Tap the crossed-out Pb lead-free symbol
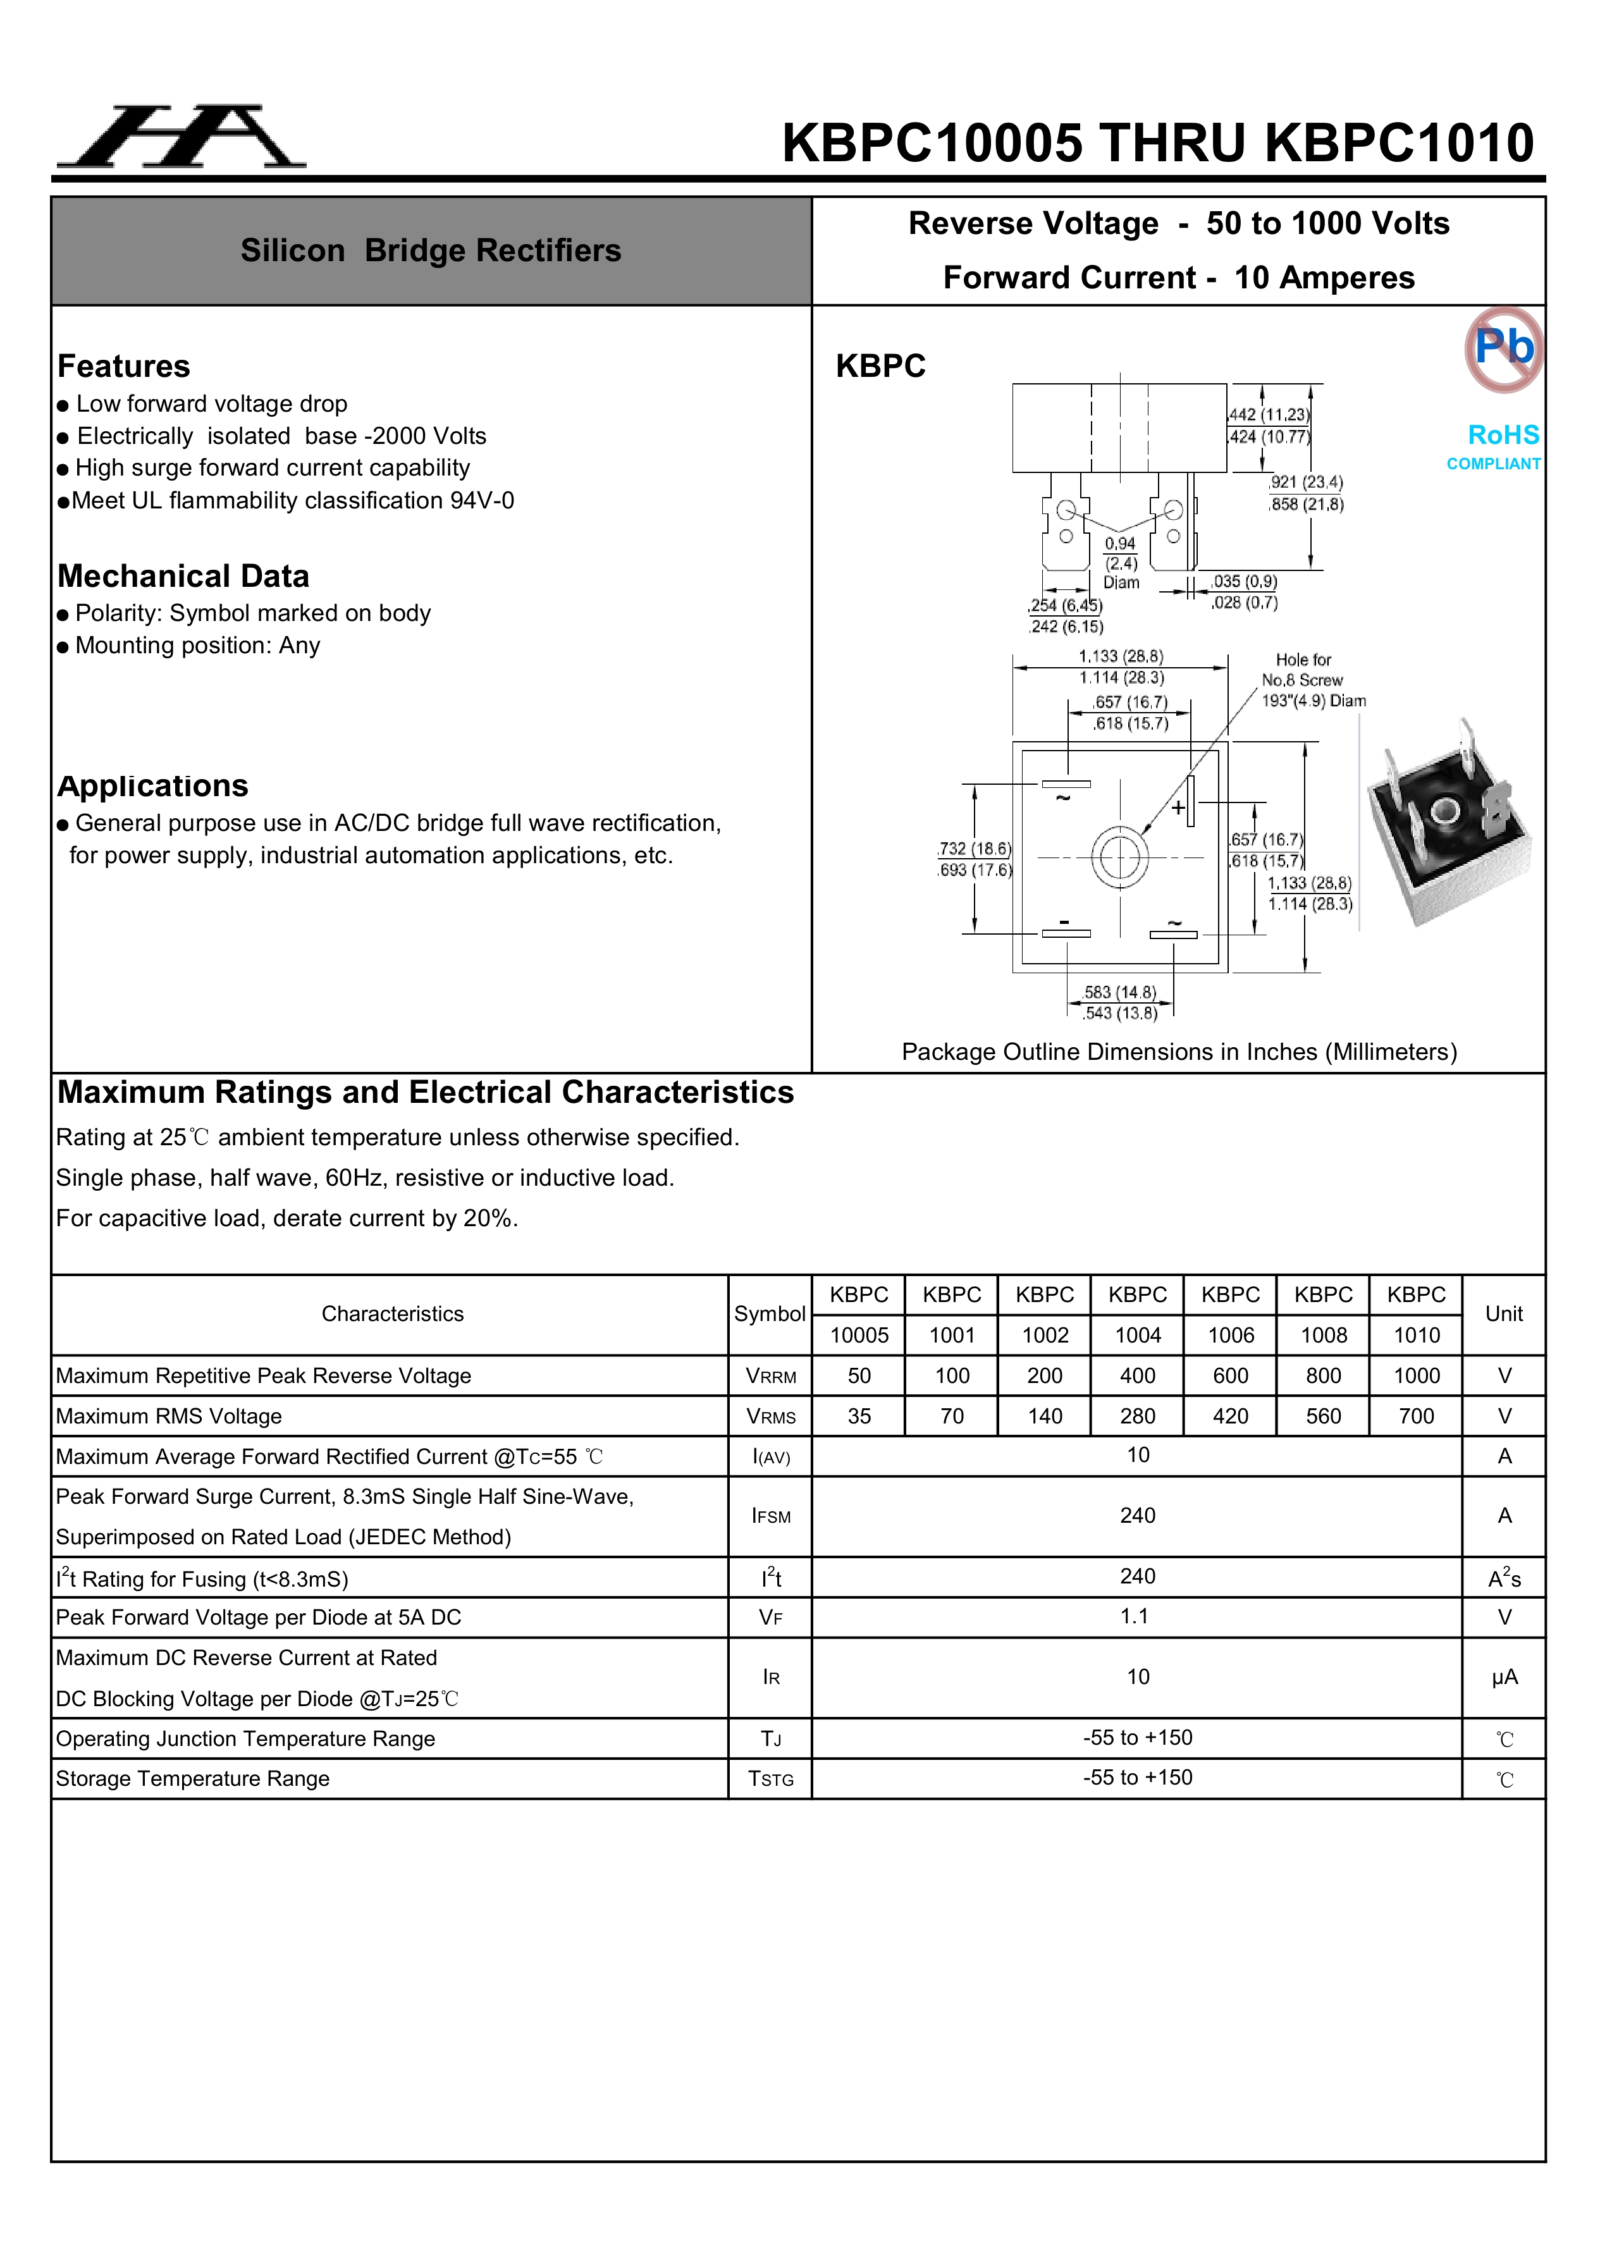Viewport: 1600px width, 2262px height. [1503, 349]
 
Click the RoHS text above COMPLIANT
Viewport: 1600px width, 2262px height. [1503, 434]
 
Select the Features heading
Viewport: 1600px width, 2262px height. [124, 367]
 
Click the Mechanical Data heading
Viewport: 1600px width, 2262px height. [183, 576]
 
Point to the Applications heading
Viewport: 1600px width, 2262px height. [152, 786]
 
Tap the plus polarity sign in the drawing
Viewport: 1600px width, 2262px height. [1178, 808]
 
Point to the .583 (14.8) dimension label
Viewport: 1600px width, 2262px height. [1120, 992]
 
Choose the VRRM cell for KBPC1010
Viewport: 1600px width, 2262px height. [1416, 1375]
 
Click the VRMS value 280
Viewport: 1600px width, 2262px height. [1137, 1416]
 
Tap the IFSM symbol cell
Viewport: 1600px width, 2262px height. [770, 1516]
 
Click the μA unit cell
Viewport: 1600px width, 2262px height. [1503, 1678]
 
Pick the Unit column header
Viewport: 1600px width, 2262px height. [1503, 1314]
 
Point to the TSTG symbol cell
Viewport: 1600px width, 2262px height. [770, 1779]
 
